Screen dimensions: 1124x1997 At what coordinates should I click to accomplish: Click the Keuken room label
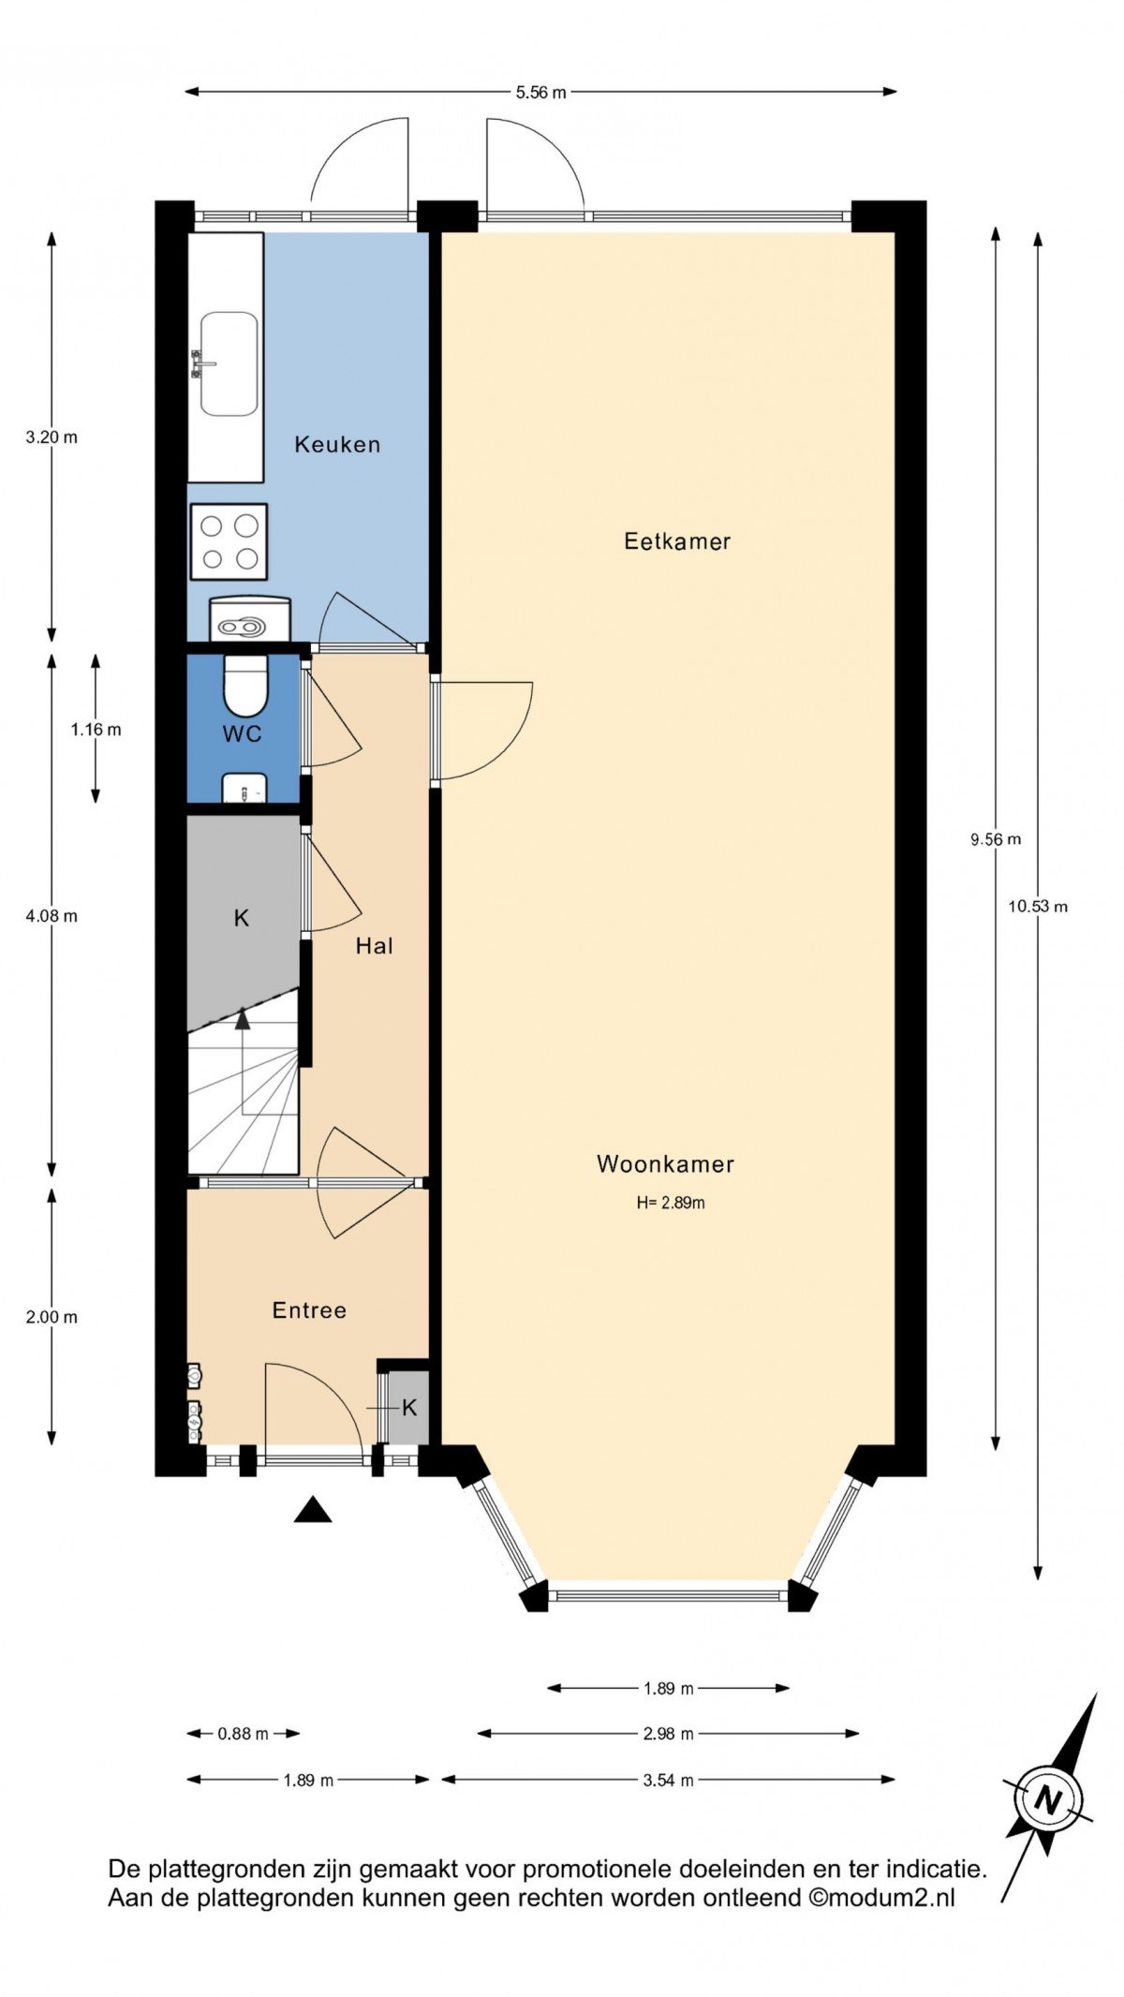click(x=337, y=444)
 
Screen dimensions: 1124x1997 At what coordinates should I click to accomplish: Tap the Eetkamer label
click(x=677, y=540)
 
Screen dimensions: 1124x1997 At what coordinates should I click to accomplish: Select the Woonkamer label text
click(x=665, y=1164)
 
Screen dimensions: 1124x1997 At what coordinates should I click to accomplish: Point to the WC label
click(x=242, y=733)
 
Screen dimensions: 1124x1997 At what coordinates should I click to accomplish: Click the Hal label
click(x=374, y=946)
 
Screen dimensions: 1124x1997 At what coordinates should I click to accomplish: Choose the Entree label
click(x=309, y=1310)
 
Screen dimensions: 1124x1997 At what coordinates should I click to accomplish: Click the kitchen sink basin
click(x=229, y=364)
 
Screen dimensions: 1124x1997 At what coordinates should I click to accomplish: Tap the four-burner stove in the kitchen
click(x=229, y=542)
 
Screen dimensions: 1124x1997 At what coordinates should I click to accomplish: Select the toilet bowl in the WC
click(x=245, y=686)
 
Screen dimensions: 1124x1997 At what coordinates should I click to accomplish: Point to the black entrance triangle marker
click(x=313, y=1510)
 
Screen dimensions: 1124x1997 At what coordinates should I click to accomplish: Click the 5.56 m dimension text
click(x=541, y=92)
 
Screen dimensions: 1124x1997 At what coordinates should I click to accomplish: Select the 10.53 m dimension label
click(x=1038, y=906)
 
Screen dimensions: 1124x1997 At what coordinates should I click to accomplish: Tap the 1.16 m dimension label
click(x=96, y=730)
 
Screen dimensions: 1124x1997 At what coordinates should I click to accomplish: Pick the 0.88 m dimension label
click(x=244, y=1734)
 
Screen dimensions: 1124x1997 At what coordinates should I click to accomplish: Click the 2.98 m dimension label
click(x=669, y=1734)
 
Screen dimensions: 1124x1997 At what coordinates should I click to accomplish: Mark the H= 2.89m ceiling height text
click(x=671, y=1203)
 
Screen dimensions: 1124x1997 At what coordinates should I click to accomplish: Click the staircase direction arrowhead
click(x=243, y=1018)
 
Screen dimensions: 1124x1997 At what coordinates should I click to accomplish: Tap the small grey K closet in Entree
click(x=408, y=1408)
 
